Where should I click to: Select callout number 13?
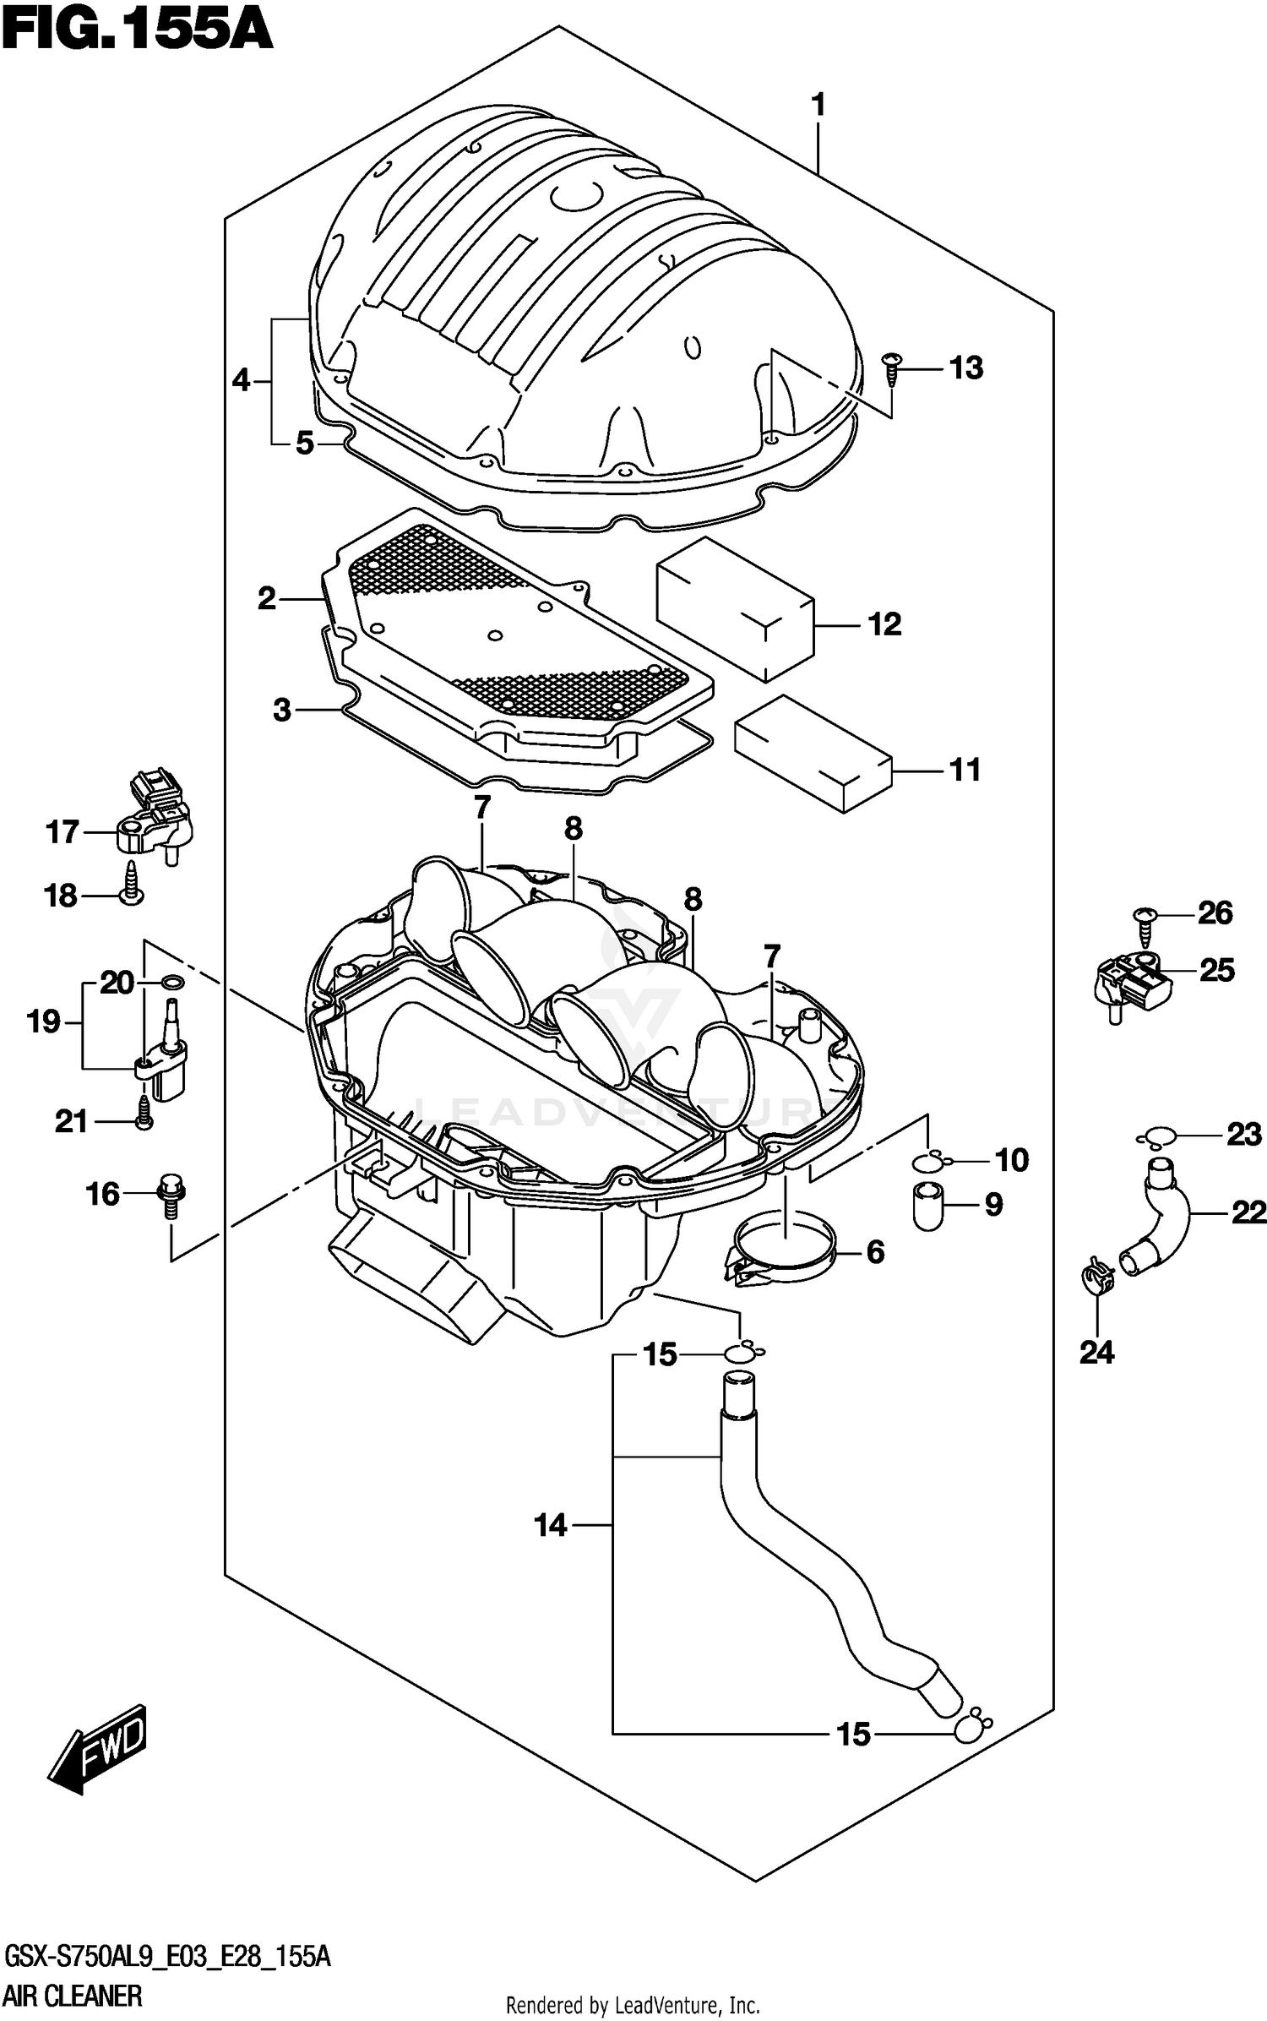tap(965, 368)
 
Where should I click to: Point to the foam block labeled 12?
tap(735, 607)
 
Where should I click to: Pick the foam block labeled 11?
tap(813, 752)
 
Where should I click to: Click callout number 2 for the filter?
tap(267, 599)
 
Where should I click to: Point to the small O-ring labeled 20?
tap(173, 982)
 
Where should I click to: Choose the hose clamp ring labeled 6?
tap(781, 1251)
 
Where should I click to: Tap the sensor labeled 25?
tap(1132, 983)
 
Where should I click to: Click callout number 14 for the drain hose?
tap(551, 1525)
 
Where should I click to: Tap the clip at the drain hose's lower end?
tap(970, 1726)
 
